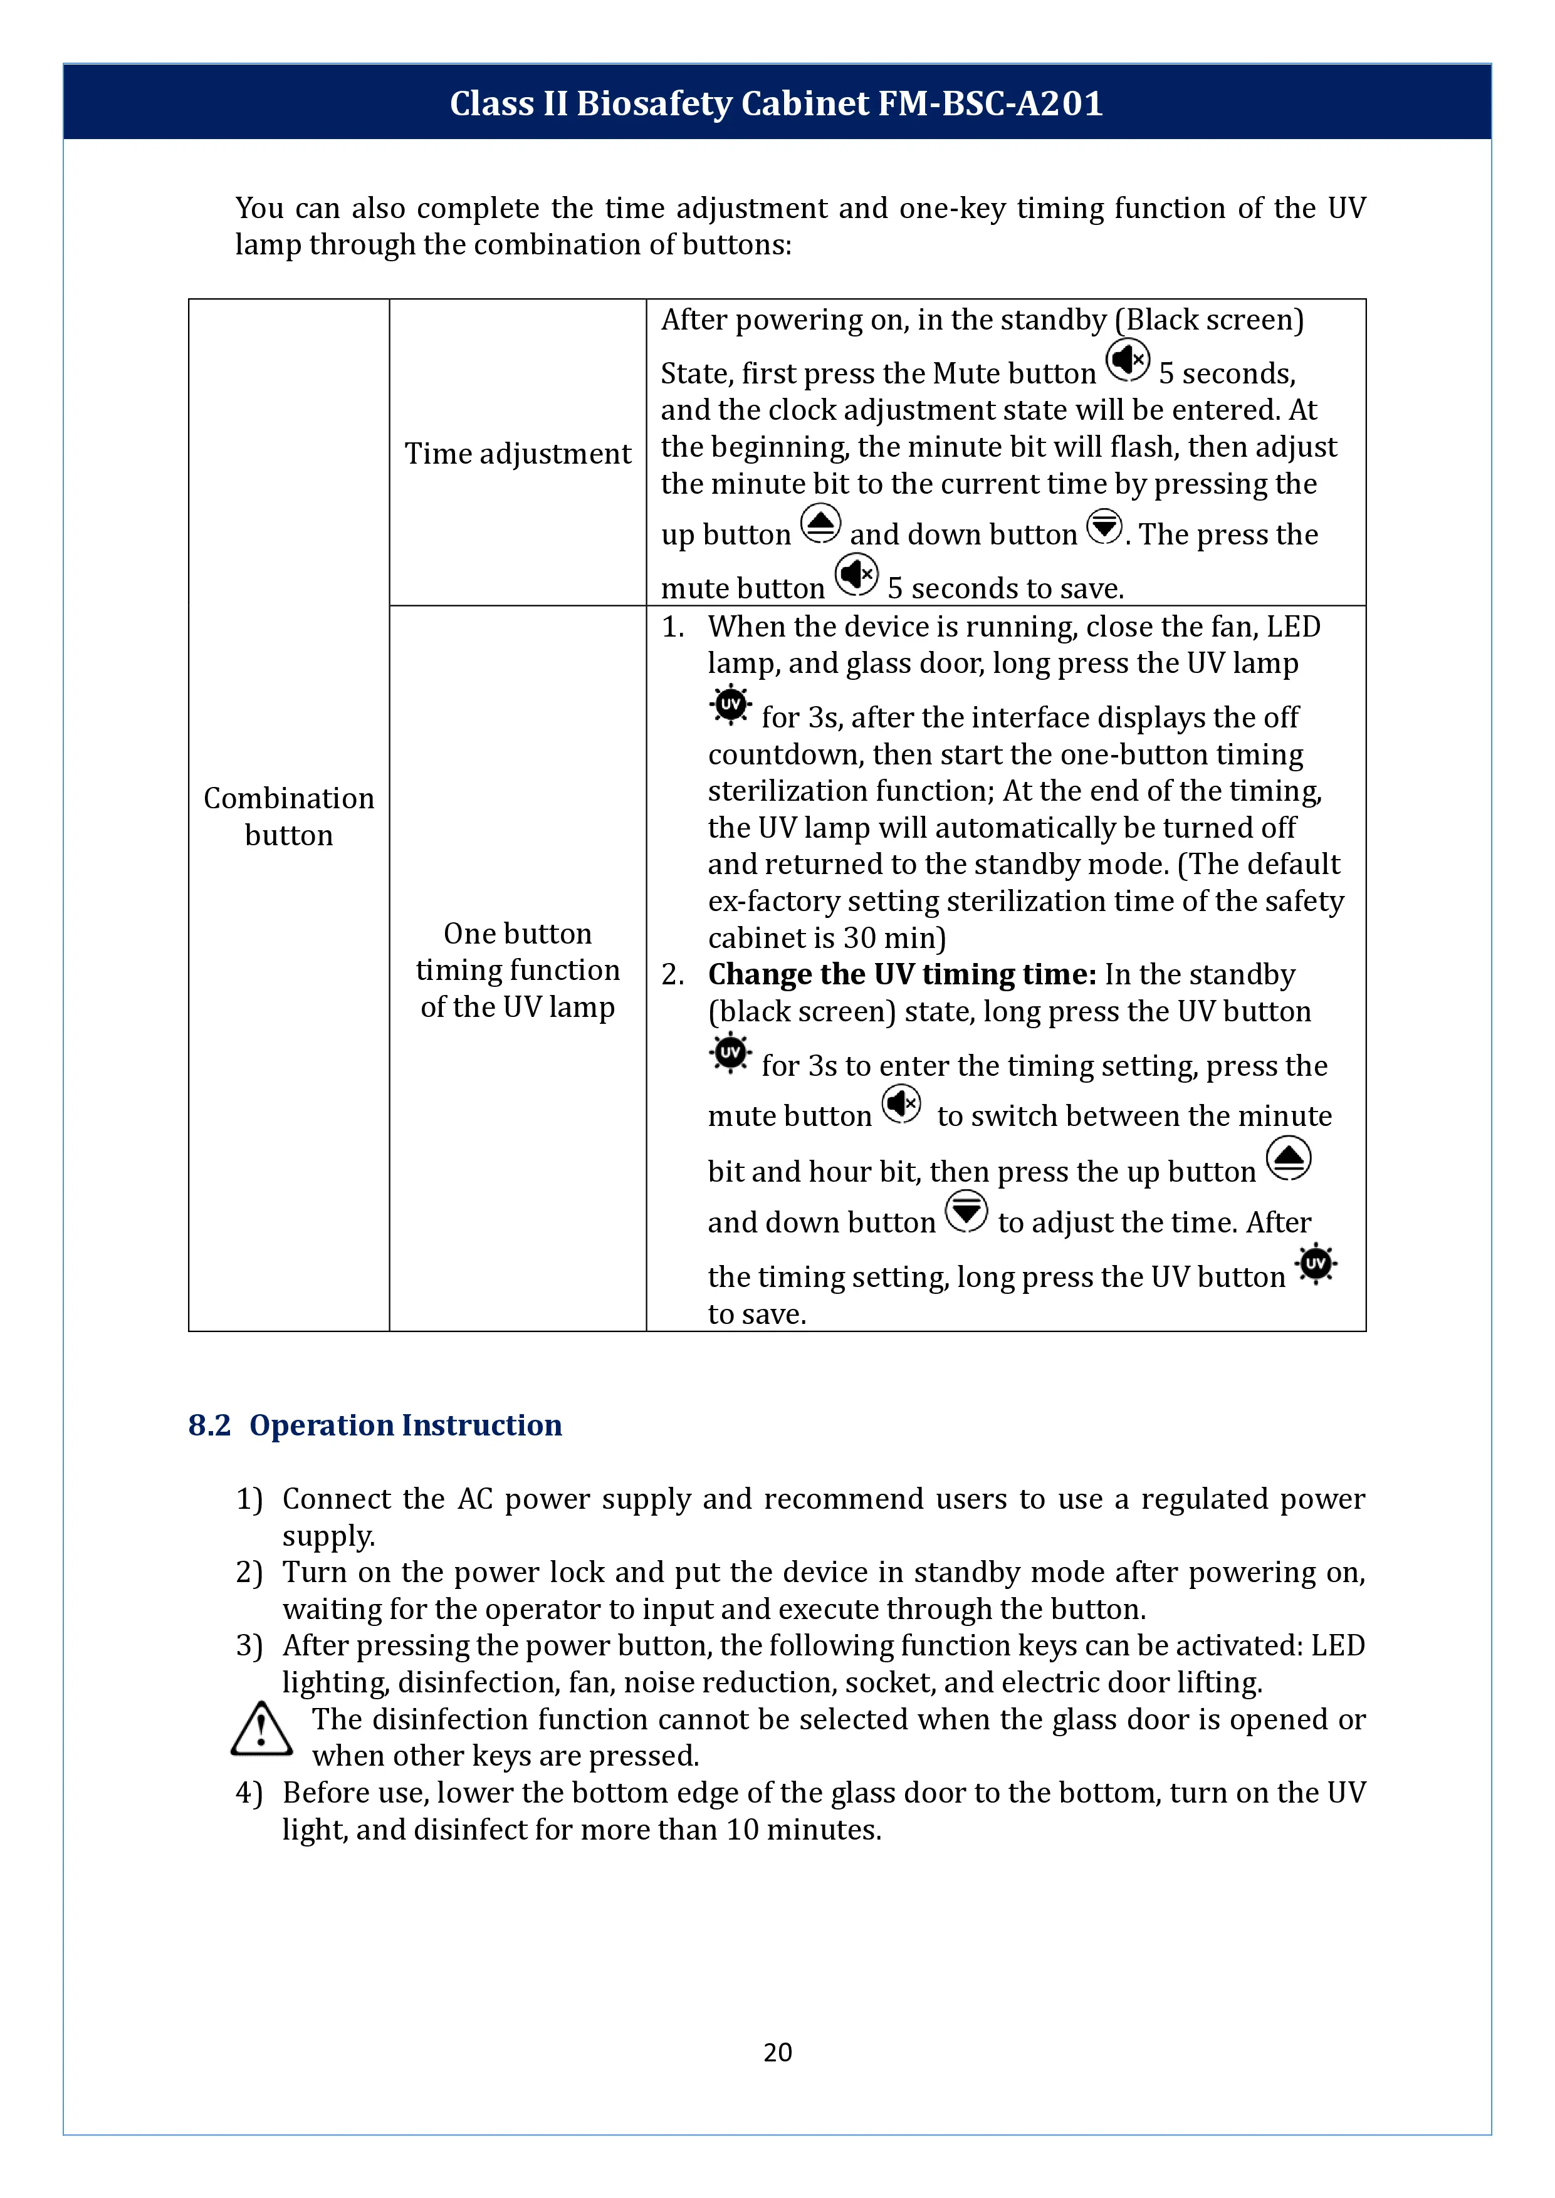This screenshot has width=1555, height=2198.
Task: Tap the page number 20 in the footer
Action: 777,2051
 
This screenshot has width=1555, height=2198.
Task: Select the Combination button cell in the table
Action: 288,816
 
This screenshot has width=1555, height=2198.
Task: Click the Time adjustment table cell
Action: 517,453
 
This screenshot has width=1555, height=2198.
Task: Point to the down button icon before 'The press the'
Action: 1104,526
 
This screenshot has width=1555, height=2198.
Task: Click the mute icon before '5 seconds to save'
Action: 856,575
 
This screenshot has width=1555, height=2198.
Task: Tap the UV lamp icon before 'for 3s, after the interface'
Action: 731,705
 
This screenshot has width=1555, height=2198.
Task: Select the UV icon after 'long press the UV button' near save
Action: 1316,1264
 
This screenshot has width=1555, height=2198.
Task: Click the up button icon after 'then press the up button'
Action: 1288,1159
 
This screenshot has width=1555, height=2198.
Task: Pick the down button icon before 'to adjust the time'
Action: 966,1212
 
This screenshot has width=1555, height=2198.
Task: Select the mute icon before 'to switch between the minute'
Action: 901,1105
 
